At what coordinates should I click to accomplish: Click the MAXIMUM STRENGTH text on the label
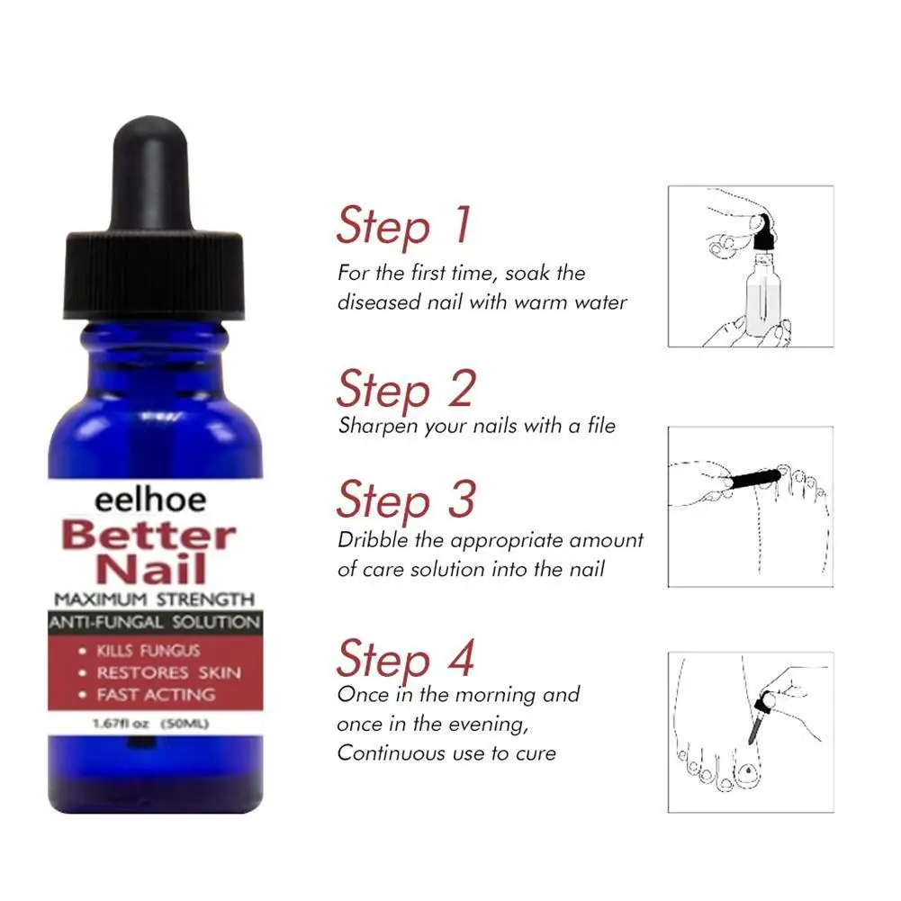(x=154, y=599)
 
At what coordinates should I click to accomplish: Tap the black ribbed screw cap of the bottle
(x=154, y=275)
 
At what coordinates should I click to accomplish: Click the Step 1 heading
(x=403, y=227)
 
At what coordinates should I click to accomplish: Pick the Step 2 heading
(x=405, y=389)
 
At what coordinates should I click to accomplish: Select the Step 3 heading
(x=405, y=500)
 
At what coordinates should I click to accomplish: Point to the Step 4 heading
(x=405, y=659)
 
